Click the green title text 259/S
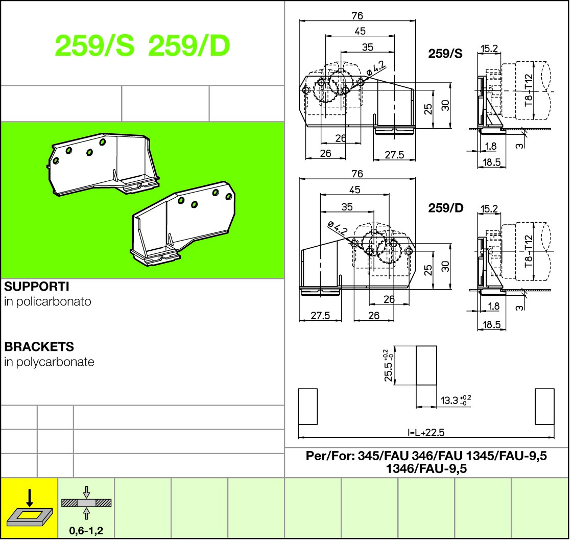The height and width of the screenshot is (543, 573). coord(95,47)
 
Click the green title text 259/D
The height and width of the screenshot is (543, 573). coord(189,47)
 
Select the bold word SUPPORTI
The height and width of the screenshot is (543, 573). coord(36,287)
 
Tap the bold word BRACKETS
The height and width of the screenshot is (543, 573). coord(39,347)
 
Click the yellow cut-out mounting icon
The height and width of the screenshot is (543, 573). coord(29,508)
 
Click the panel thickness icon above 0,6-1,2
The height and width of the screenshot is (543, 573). coord(86,502)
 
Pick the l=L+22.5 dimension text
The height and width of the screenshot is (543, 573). coord(426,433)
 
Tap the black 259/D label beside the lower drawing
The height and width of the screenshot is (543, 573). coord(446,209)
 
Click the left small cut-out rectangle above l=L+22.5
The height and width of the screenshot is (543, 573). coord(308,406)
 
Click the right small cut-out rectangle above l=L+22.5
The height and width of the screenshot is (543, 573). coord(544,406)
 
